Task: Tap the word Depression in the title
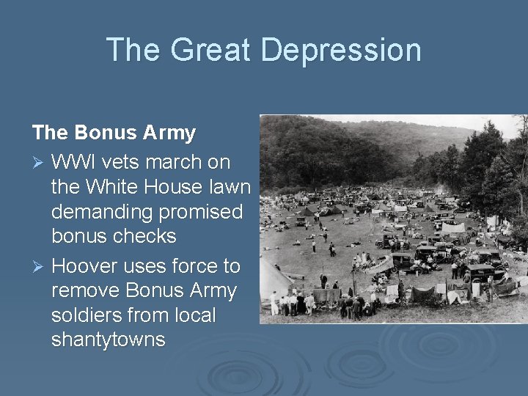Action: coord(340,51)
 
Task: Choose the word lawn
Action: coord(230,187)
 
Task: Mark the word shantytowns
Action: coord(109,340)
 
